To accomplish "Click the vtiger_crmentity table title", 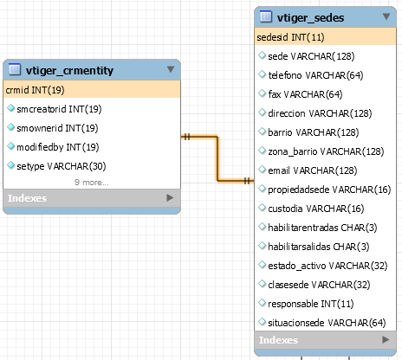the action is pos(69,70).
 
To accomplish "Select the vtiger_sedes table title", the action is pos(310,18).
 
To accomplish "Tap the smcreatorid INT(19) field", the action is pos(59,109).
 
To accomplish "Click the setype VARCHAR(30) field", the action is pos(62,166).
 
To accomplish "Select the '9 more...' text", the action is pos(92,183).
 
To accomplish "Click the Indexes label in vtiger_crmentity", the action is pos(27,198).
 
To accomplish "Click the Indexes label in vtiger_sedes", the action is pos(278,340).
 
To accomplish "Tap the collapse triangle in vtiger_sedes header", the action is pos(386,16).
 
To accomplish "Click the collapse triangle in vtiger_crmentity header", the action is pos(171,69).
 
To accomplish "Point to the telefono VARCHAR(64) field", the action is pos(315,75).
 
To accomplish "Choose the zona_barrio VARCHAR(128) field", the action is pos(326,151).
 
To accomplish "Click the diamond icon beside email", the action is pos(262,170).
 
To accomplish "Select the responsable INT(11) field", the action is pos(311,304).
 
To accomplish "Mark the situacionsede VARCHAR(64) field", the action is pos(327,323).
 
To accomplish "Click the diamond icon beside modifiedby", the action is pos(10,146).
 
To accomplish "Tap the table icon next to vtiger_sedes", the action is pos(266,16).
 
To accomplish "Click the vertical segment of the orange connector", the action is pos(217,158).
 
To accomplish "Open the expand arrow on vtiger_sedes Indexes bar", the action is pos(386,339).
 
